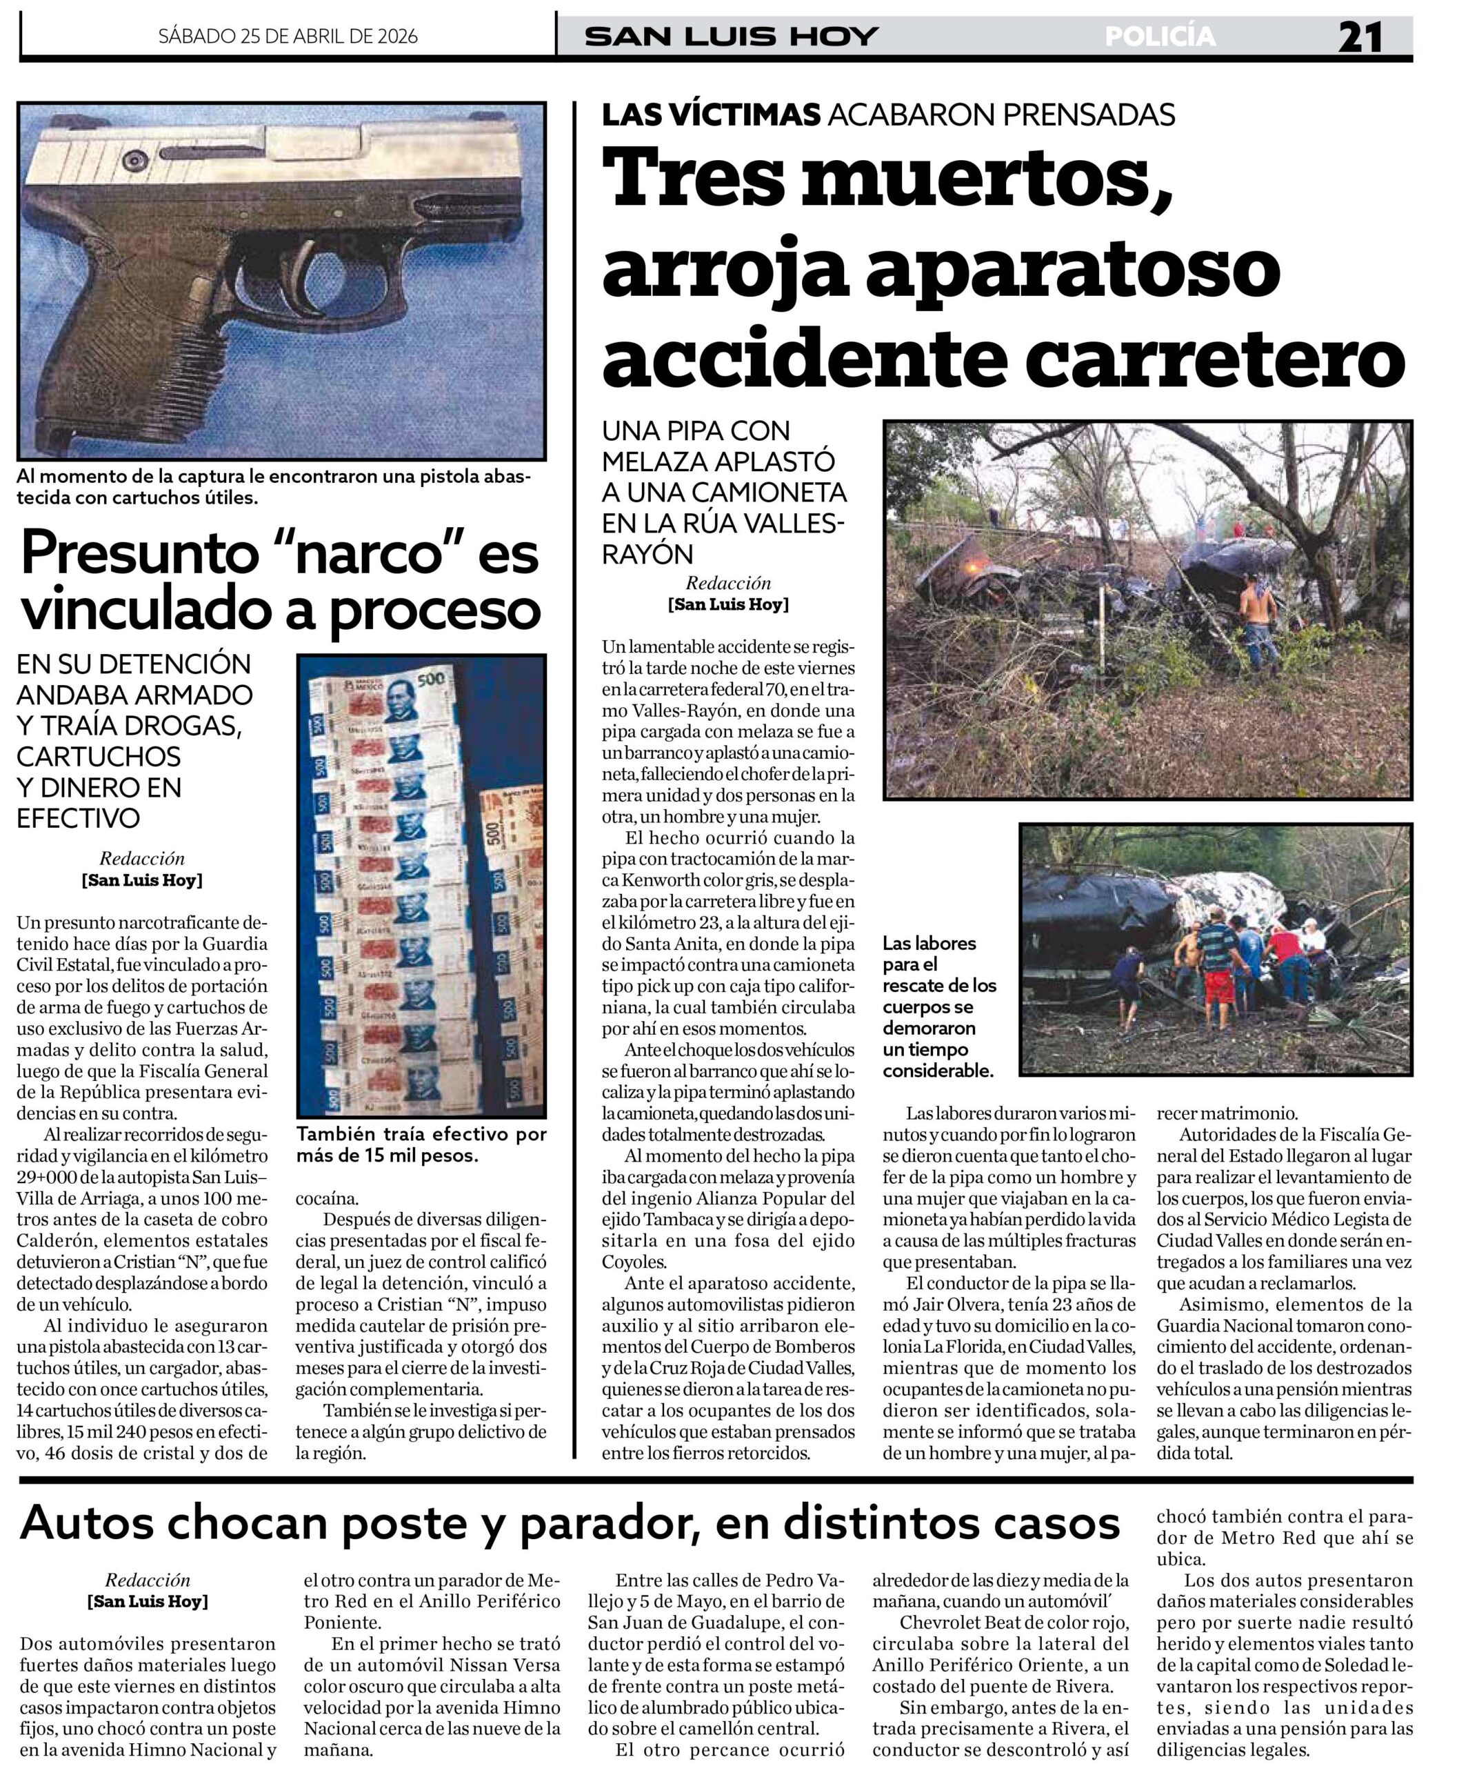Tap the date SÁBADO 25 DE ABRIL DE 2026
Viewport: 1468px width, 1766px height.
coord(288,36)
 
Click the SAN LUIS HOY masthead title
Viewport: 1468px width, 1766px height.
coord(731,36)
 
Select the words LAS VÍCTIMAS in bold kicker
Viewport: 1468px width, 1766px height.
coord(710,115)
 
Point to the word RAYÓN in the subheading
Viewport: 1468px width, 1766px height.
coord(647,554)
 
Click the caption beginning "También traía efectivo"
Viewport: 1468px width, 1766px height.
coord(421,1144)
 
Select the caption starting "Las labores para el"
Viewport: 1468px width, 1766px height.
coord(938,1006)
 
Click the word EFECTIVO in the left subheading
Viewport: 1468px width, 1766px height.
coord(78,817)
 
